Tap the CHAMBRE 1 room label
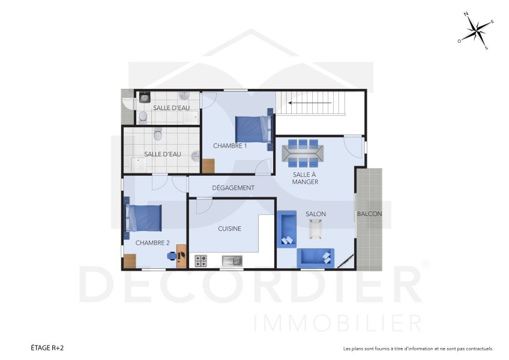tap(230, 146)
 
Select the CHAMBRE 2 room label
tap(152, 243)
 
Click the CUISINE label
tap(229, 229)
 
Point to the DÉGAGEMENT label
tap(233, 188)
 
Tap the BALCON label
tap(369, 214)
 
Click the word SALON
tap(316, 214)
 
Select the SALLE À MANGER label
tap(305, 178)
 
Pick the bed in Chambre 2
tap(144, 218)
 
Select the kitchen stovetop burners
tap(200, 261)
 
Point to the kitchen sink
tap(231, 261)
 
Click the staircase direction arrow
tap(310, 103)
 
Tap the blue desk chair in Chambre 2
tap(172, 256)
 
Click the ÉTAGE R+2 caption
tap(47, 348)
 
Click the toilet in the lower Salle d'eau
tap(158, 134)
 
